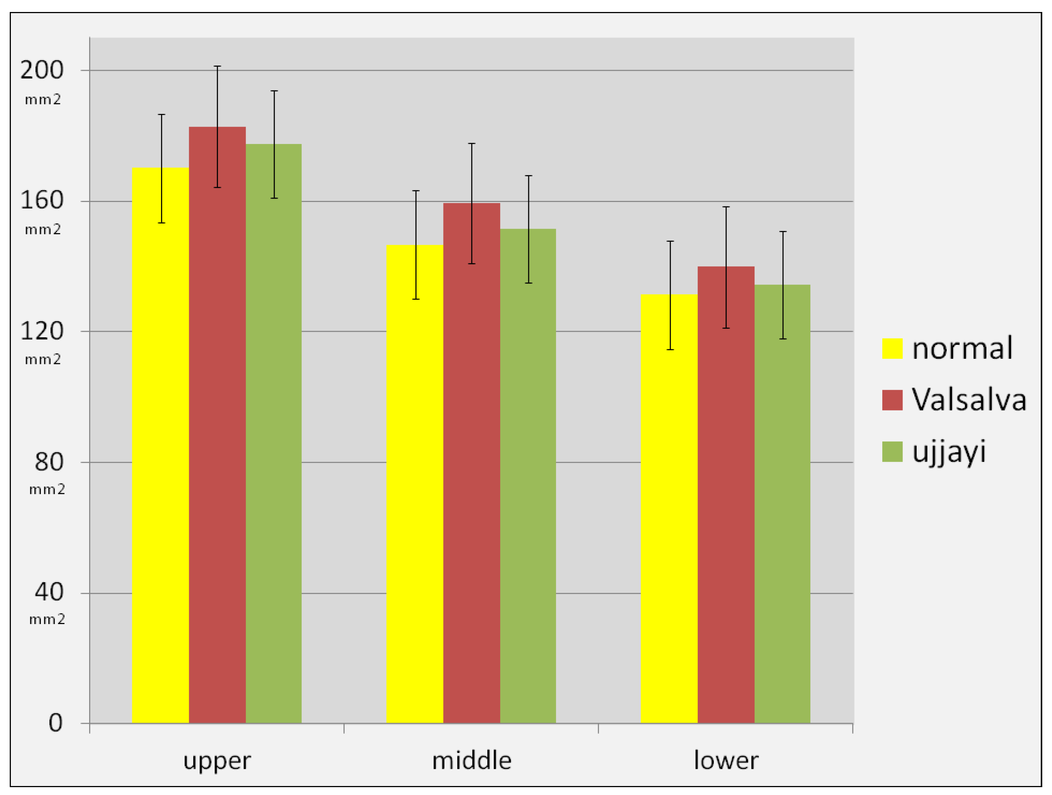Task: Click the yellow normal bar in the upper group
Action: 160,445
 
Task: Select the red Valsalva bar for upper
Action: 217,425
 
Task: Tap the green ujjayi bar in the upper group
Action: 273,433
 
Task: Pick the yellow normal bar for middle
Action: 415,484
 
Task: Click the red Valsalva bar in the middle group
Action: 472,463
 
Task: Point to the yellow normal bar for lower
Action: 669,509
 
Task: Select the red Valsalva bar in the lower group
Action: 726,495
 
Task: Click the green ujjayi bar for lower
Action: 782,504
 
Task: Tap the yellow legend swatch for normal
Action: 892,348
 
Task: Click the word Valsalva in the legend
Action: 969,399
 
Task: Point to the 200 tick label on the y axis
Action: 42,70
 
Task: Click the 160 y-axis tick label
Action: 42,200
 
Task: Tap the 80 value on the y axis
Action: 49,461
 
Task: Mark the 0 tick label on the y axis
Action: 56,723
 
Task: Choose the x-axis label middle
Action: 472,760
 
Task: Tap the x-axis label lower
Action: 726,760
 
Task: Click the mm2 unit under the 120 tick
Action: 43,359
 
